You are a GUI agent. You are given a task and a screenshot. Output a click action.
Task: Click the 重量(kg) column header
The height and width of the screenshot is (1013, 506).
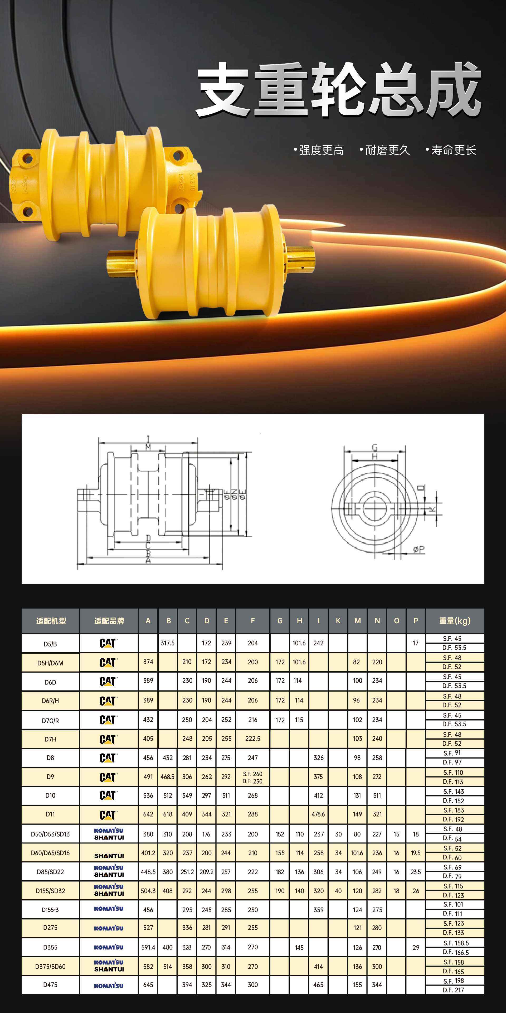455,621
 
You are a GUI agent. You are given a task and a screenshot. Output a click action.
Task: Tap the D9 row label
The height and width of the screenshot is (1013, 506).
50,777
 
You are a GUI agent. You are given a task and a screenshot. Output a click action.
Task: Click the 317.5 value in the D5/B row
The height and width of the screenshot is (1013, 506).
168,643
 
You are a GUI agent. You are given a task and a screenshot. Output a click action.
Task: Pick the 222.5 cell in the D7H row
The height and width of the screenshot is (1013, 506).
253,739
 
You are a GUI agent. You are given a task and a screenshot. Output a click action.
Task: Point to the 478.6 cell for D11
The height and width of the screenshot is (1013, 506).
318,814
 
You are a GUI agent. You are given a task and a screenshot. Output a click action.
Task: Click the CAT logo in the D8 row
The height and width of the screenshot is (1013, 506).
108,758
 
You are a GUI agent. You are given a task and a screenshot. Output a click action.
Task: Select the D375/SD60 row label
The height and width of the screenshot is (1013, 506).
50,966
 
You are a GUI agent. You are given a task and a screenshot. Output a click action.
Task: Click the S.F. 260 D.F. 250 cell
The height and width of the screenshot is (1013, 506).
252,777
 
